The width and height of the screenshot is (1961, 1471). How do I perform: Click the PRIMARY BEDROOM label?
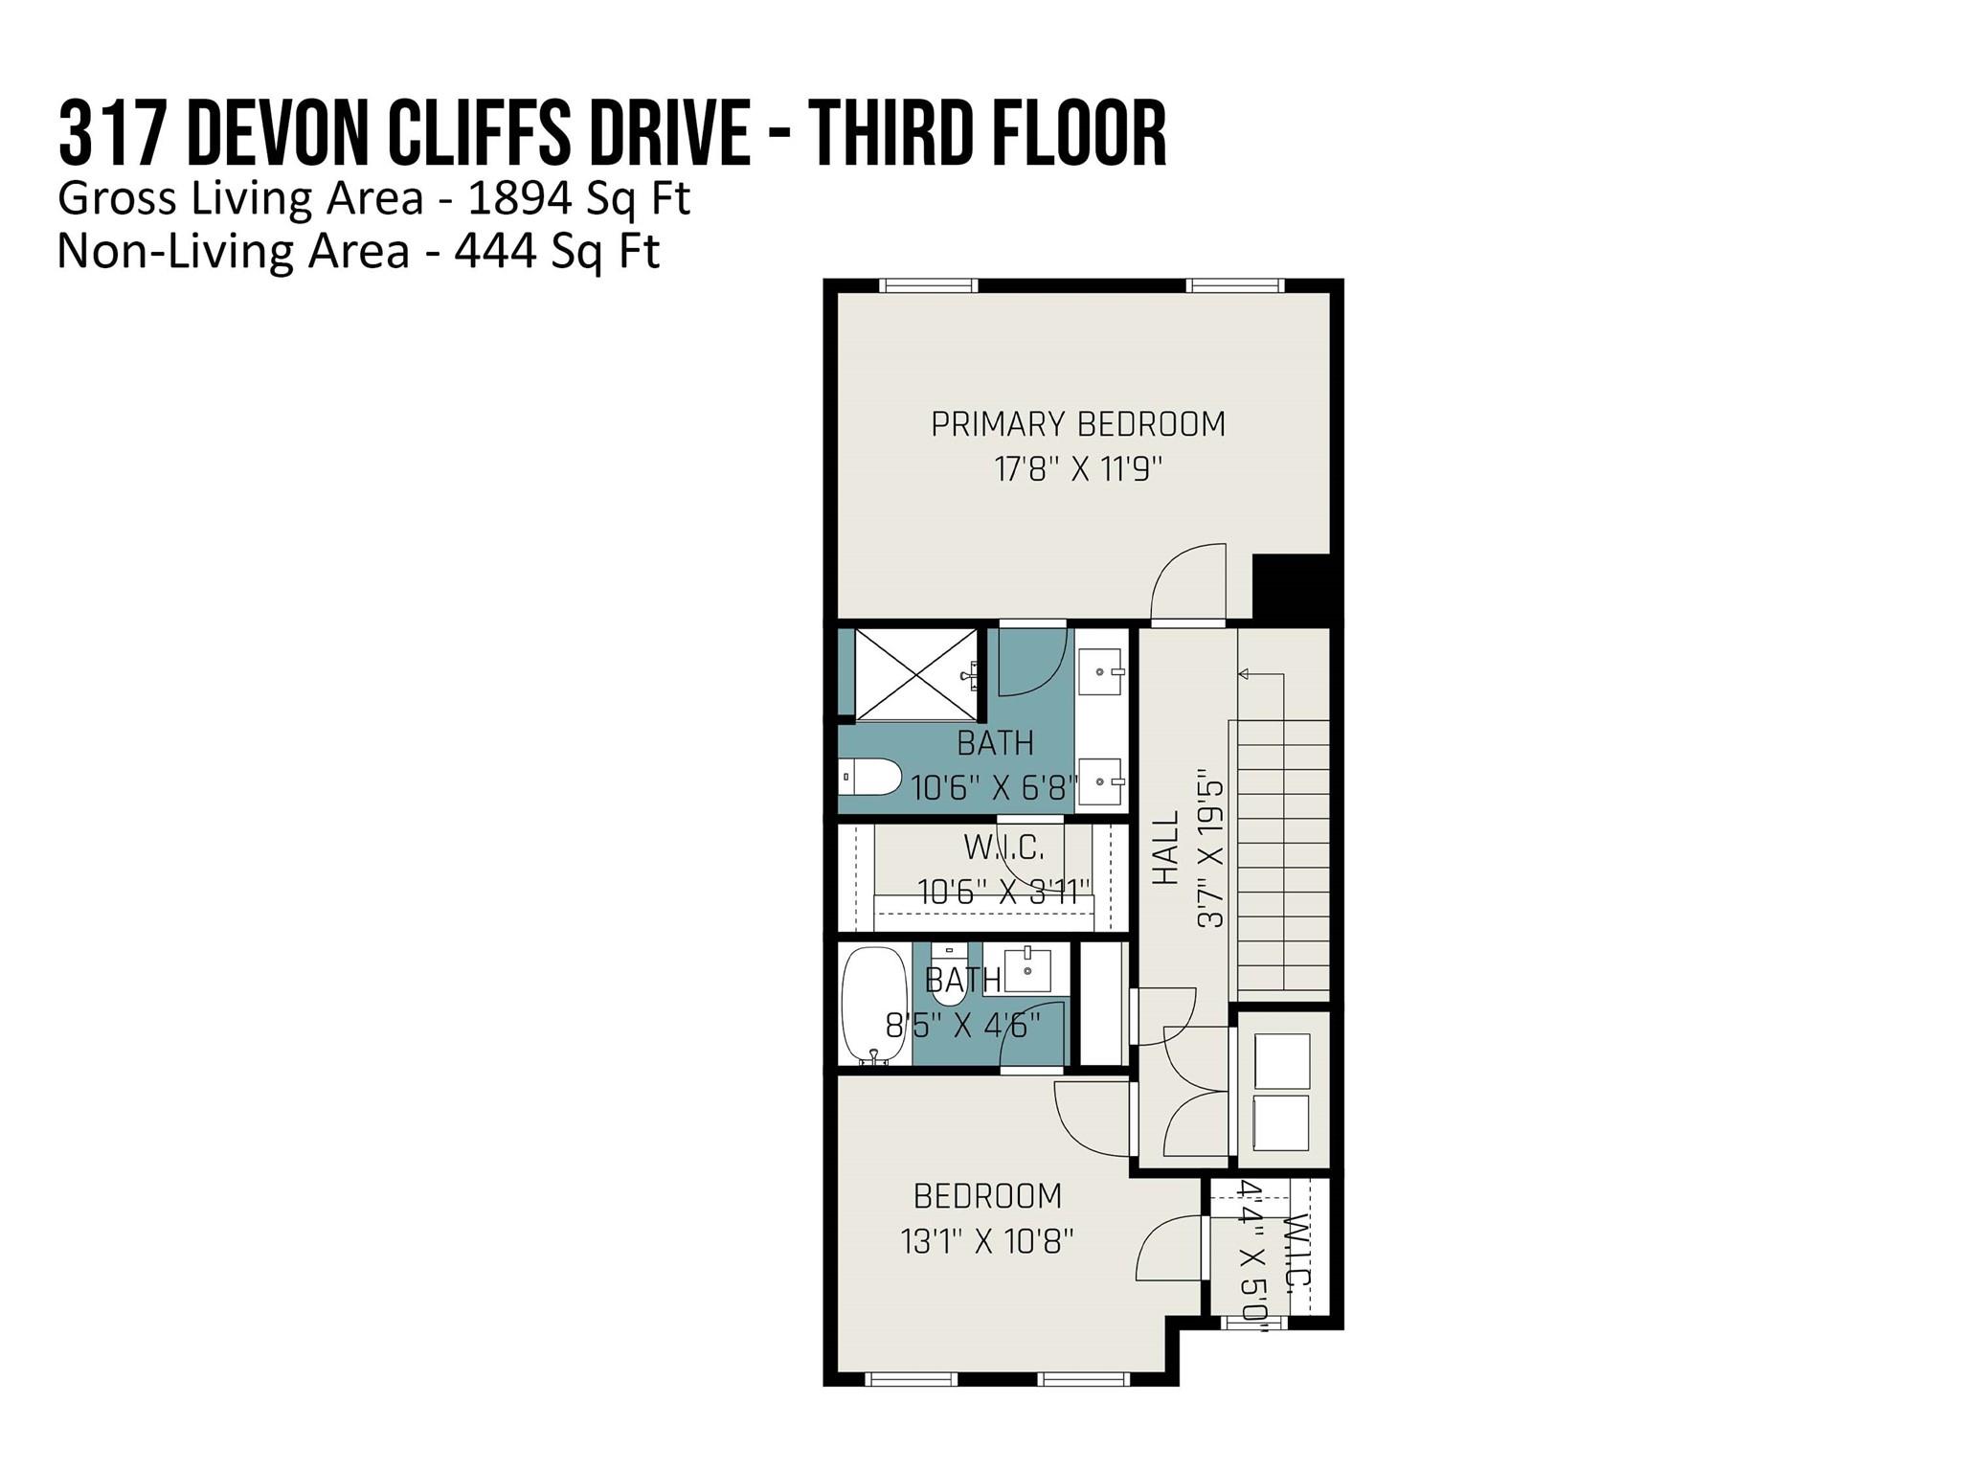click(x=1078, y=424)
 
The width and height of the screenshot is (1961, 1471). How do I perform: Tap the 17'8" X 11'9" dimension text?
click(x=1078, y=470)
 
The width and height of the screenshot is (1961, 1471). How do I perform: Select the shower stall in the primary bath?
click(x=916, y=674)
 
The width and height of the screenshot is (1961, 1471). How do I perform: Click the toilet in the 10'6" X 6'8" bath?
click(x=870, y=778)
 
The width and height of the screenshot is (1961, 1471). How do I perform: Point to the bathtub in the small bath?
click(x=874, y=1006)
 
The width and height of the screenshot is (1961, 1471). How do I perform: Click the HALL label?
click(x=1164, y=848)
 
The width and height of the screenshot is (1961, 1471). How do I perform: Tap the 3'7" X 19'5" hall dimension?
click(x=1210, y=849)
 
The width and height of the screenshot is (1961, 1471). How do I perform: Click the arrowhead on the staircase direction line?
click(x=1245, y=674)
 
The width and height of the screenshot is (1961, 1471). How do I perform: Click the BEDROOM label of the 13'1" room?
click(x=987, y=1196)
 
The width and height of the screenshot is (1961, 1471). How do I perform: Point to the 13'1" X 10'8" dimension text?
click(x=987, y=1242)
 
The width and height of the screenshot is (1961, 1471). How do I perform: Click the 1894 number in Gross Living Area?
click(x=521, y=198)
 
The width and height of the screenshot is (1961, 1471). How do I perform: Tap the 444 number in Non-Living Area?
click(x=494, y=251)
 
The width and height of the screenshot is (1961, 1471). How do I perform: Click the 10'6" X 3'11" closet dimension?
click(x=1004, y=893)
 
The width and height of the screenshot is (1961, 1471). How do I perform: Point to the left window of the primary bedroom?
click(x=928, y=284)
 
